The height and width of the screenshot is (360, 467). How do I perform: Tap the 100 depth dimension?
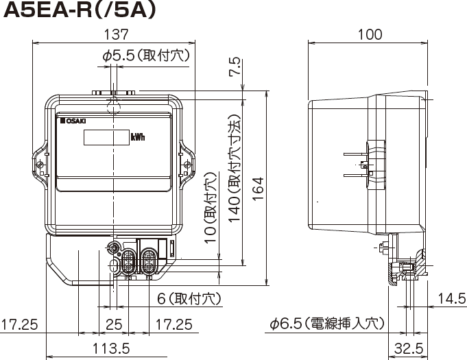coord(371,34)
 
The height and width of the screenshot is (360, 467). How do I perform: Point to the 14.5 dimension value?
coord(451,298)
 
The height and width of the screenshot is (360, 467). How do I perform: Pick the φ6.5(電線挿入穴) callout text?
coord(327,323)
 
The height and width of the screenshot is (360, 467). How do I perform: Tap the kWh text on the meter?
coord(138,136)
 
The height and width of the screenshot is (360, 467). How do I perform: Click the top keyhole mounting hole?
coord(113,104)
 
